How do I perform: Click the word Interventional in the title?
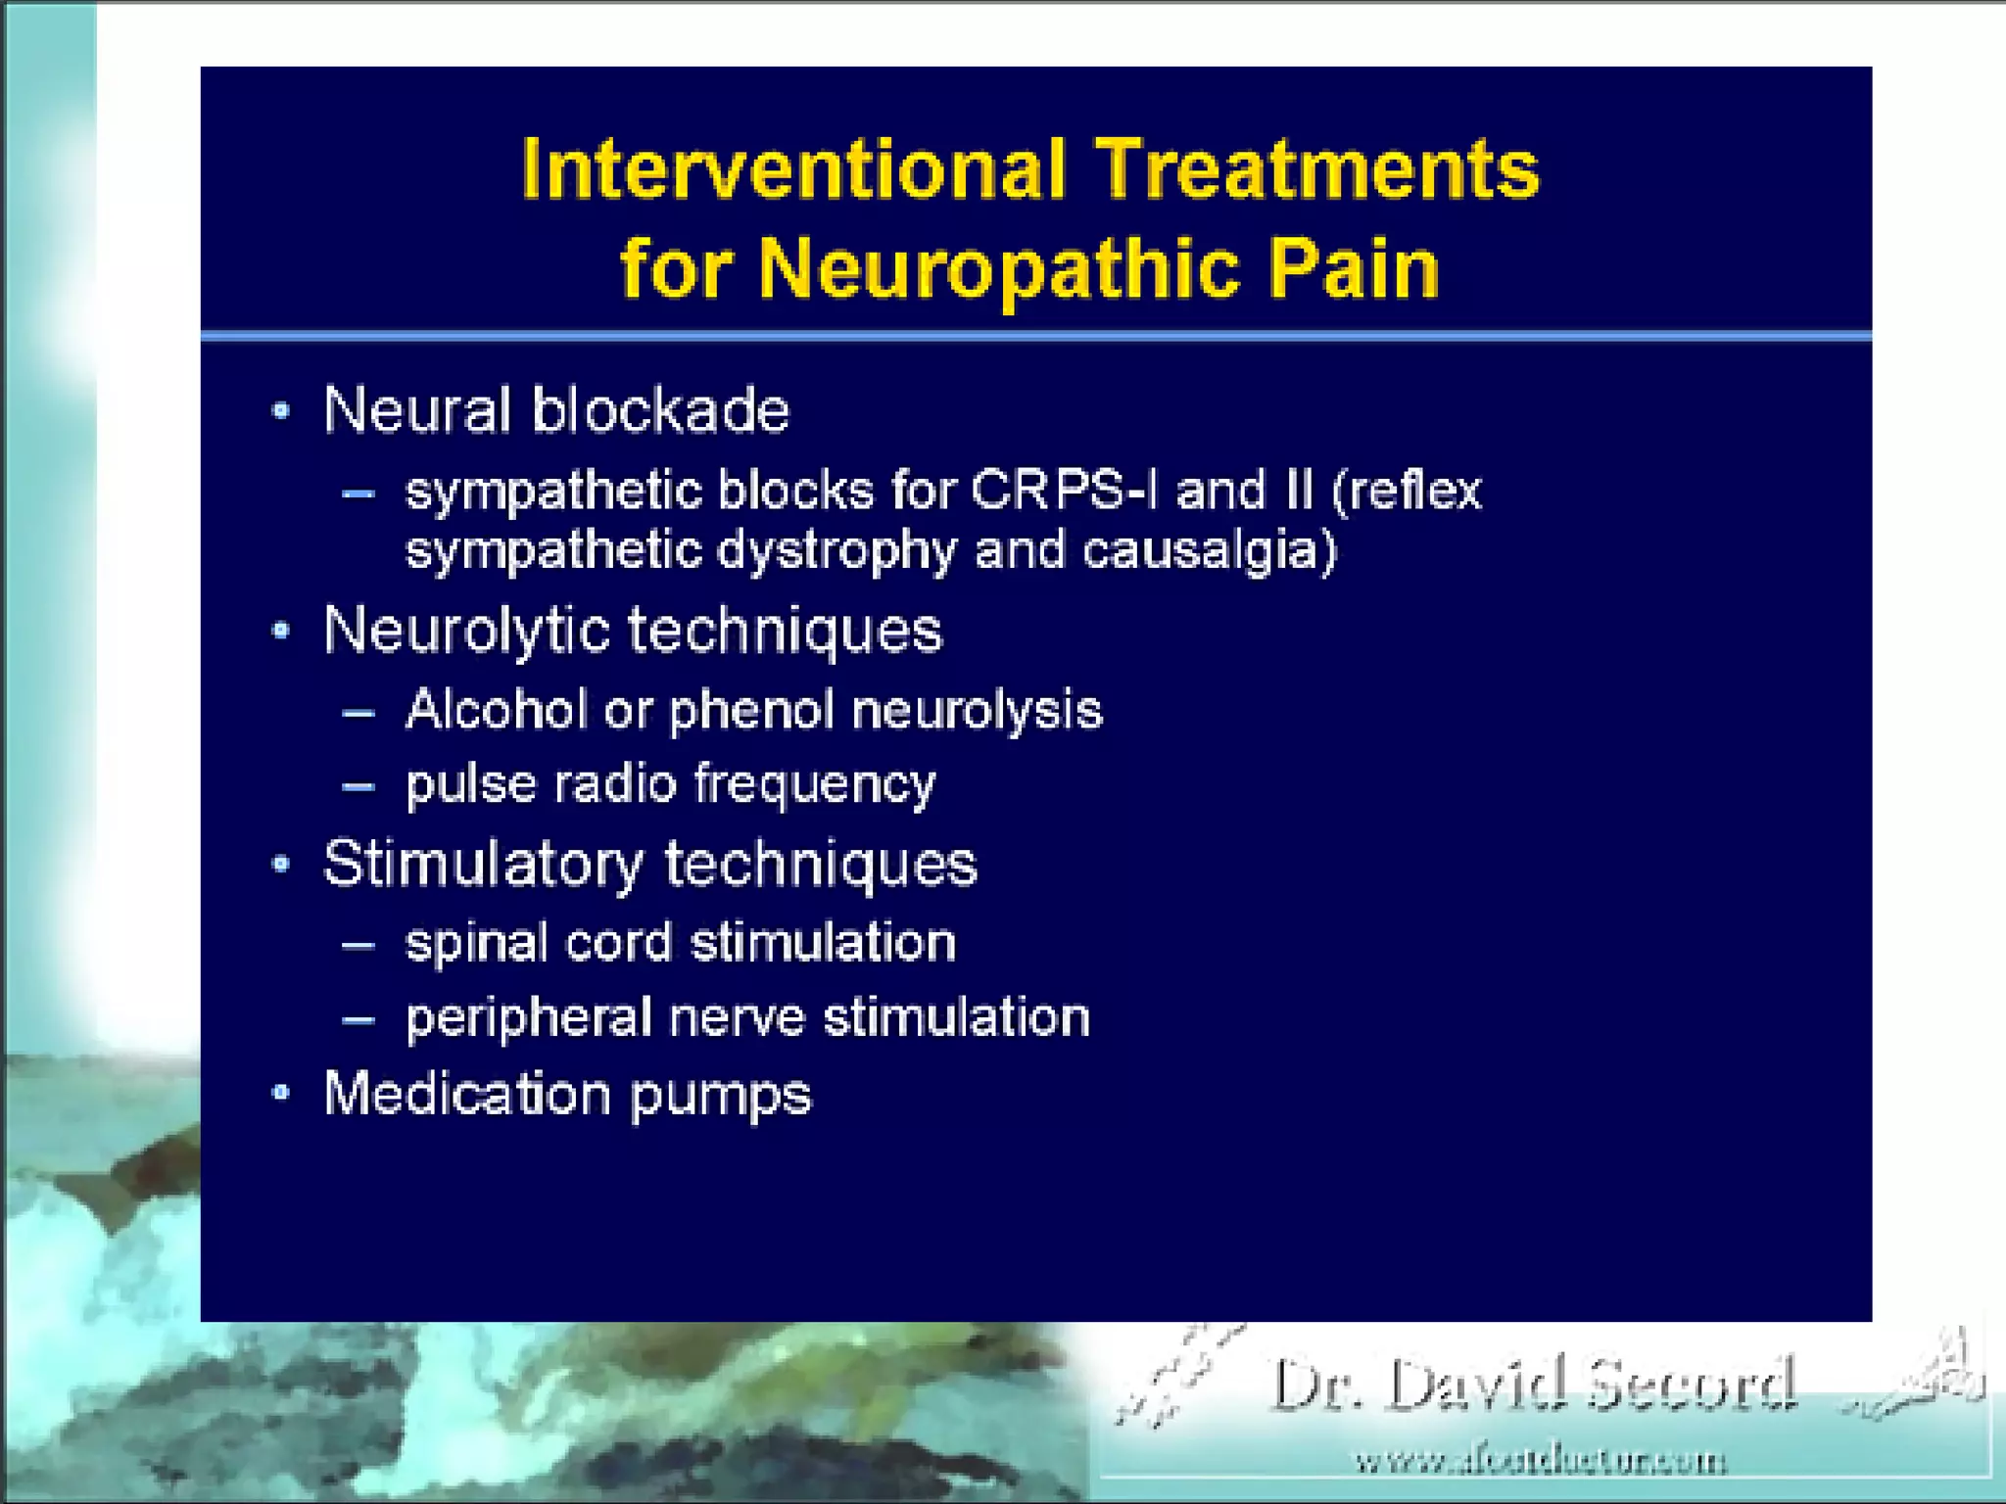click(793, 168)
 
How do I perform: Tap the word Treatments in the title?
click(1317, 168)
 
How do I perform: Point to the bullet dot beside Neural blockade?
click(281, 410)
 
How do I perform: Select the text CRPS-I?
click(1064, 490)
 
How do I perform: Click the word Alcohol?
click(496, 709)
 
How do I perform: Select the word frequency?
click(815, 785)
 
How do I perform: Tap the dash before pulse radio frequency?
click(358, 785)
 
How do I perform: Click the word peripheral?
click(529, 1017)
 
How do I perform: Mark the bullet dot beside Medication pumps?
click(281, 1093)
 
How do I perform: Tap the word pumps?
click(720, 1095)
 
